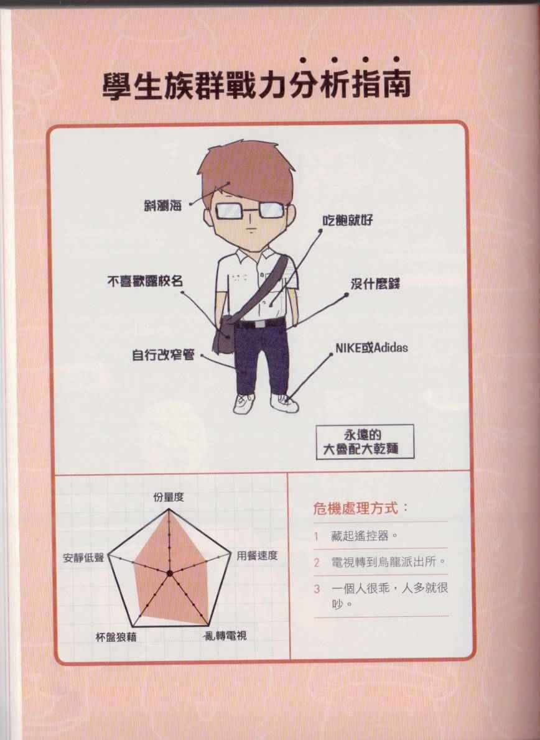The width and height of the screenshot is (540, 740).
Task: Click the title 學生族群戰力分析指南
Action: click(256, 85)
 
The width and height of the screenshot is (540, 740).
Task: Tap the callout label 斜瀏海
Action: click(163, 205)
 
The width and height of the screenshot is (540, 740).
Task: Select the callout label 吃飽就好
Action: click(347, 220)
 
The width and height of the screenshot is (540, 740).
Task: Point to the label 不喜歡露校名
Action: click(145, 281)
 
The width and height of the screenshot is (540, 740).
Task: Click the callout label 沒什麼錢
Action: click(375, 284)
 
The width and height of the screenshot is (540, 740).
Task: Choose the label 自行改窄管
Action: click(163, 354)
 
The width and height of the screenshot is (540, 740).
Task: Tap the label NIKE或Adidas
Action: click(371, 348)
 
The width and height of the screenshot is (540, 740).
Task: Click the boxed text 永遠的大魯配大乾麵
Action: click(365, 442)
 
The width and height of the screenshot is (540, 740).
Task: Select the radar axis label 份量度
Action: click(169, 497)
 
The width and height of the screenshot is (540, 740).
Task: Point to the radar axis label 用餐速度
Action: click(257, 555)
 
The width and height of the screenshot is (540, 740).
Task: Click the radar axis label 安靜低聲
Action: click(83, 558)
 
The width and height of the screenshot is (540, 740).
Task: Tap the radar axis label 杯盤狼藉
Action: click(116, 637)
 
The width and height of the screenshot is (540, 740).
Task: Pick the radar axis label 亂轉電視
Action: click(225, 636)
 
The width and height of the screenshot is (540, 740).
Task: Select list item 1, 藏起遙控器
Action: click(363, 536)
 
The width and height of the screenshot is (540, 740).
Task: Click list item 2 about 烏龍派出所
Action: click(388, 562)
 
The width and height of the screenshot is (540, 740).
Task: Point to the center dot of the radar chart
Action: click(169, 573)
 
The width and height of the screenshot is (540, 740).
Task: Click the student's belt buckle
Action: click(259, 324)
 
